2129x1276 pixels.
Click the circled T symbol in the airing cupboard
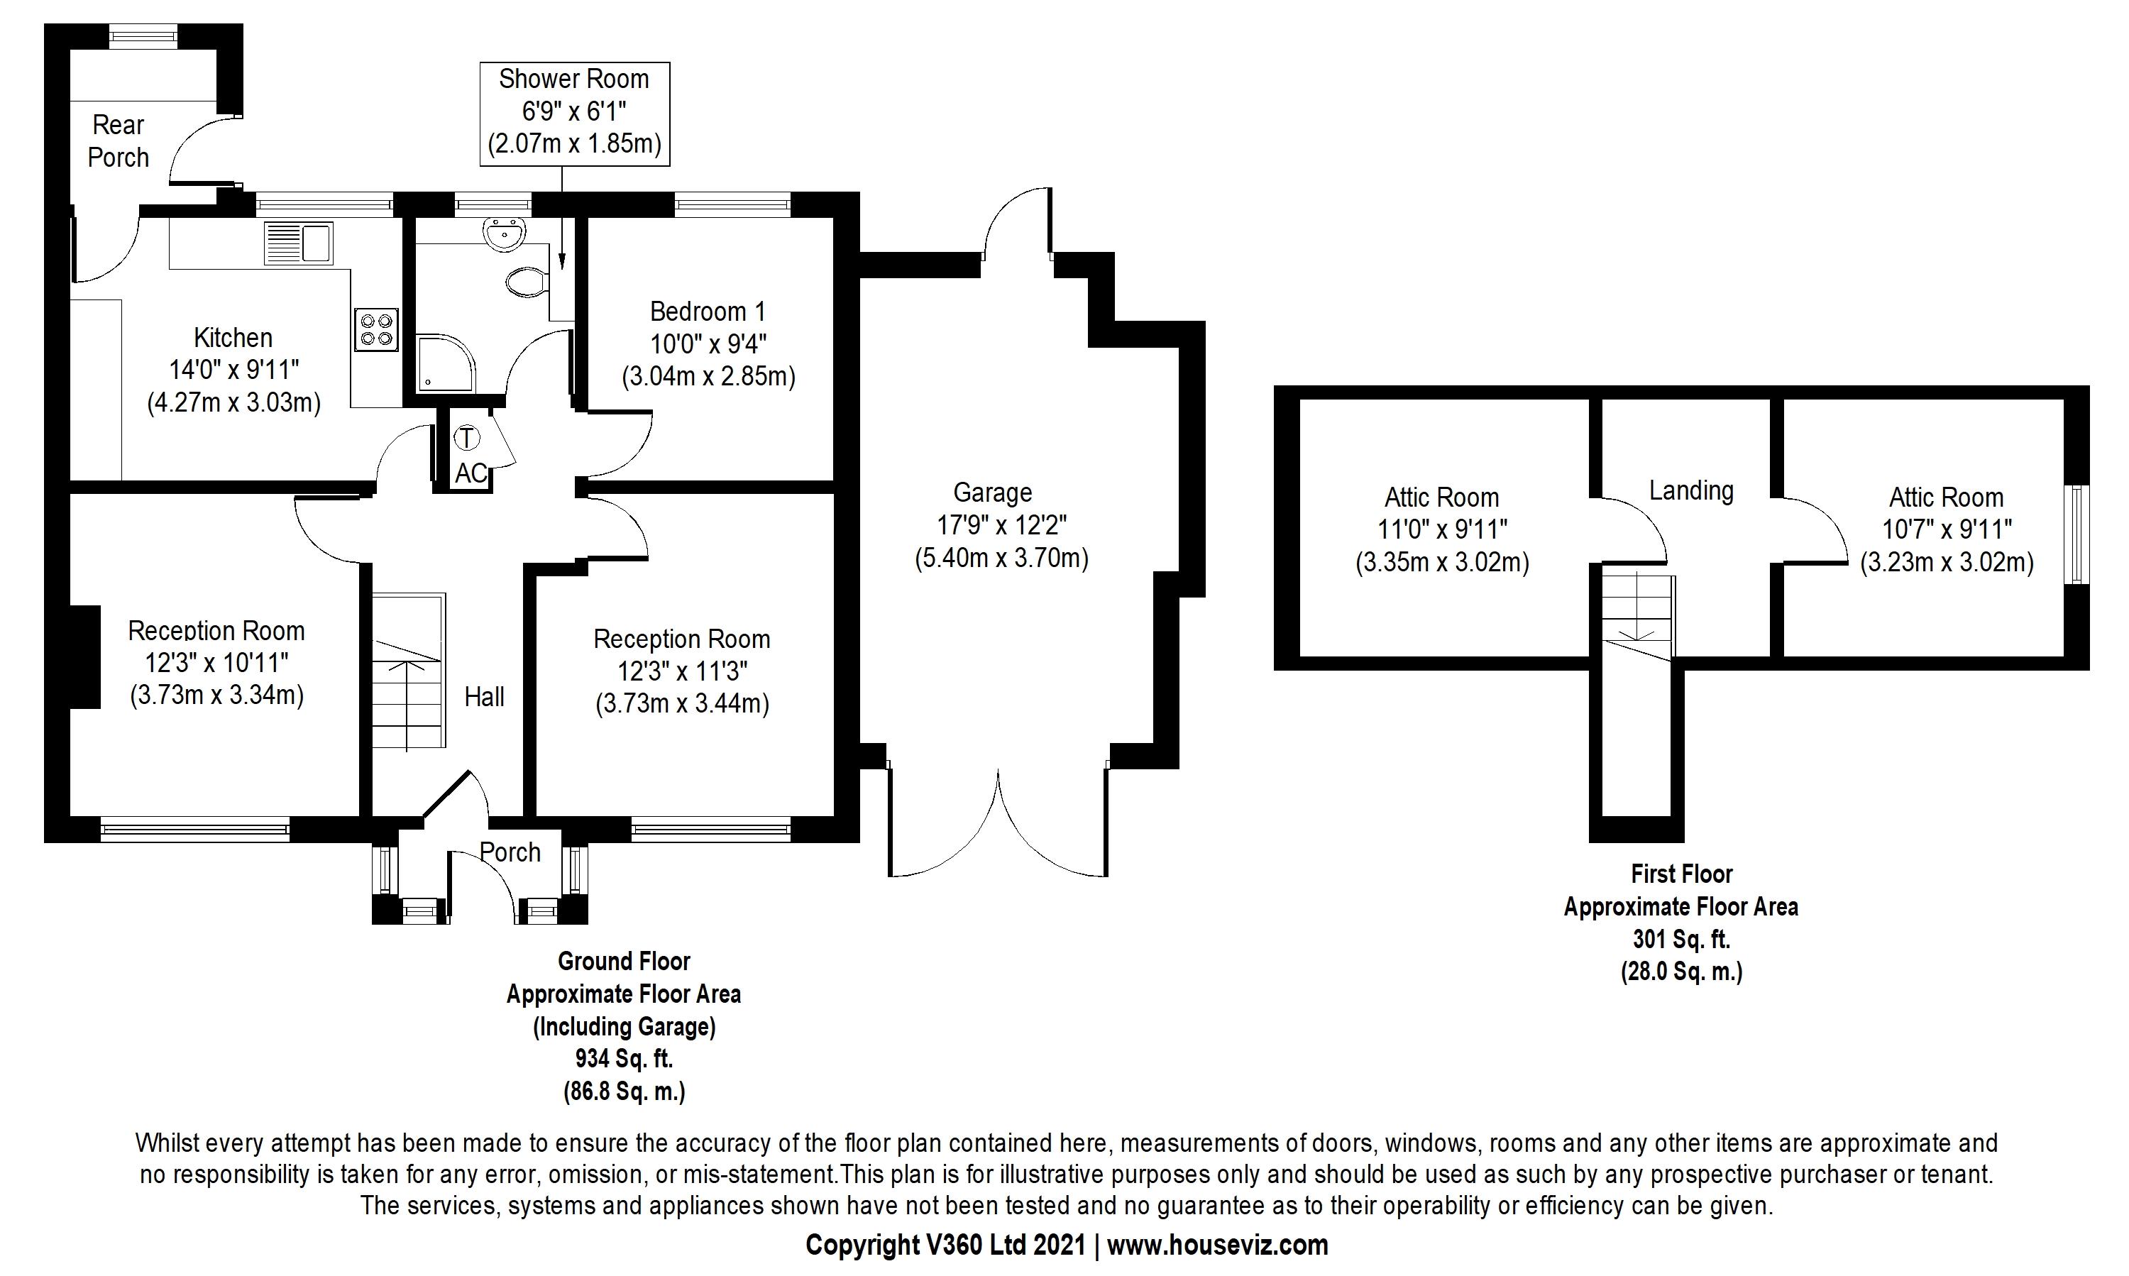466,438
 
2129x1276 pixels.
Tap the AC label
471,473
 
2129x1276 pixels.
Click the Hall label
484,696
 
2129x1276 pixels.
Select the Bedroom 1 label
708,312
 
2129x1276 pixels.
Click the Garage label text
992,493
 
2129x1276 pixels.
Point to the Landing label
1690,491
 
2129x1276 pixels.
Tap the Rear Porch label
119,141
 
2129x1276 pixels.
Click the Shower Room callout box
574,113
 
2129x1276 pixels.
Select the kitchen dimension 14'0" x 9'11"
234,370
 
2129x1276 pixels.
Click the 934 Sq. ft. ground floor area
623,1058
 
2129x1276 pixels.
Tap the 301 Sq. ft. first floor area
1681,939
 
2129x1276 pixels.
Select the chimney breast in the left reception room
84,657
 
